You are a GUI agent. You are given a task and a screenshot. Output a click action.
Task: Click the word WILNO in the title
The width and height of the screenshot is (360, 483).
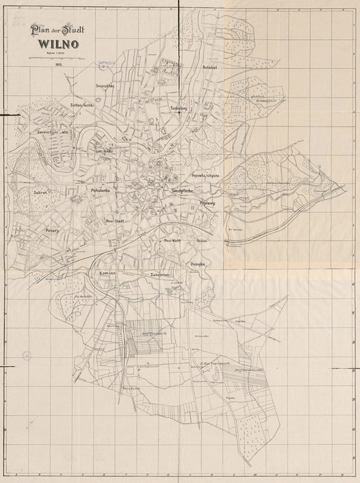point(57,44)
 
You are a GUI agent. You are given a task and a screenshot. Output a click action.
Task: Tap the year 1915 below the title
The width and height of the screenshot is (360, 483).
point(58,64)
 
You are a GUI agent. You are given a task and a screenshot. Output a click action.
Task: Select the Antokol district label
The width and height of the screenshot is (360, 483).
point(210,67)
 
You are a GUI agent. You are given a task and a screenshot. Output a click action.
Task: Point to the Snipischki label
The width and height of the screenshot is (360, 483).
point(104,86)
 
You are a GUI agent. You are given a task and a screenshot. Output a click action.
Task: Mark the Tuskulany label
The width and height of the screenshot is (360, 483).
point(179,108)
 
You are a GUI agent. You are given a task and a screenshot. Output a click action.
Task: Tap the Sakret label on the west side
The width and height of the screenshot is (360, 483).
point(42,190)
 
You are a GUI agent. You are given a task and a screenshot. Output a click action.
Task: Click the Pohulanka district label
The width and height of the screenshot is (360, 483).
point(100,190)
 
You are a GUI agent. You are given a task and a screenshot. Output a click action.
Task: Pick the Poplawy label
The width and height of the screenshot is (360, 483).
point(207,203)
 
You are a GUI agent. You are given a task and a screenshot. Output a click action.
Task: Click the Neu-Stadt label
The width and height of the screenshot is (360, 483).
point(114,221)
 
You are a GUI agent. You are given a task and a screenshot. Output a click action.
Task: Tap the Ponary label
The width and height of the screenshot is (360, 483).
point(52,231)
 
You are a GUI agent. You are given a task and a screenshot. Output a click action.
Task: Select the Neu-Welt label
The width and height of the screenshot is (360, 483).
point(172,241)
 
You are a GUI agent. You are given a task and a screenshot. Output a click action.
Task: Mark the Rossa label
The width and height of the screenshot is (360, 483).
point(202,241)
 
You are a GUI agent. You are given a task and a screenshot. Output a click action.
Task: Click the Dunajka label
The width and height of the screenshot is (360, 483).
point(197,264)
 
